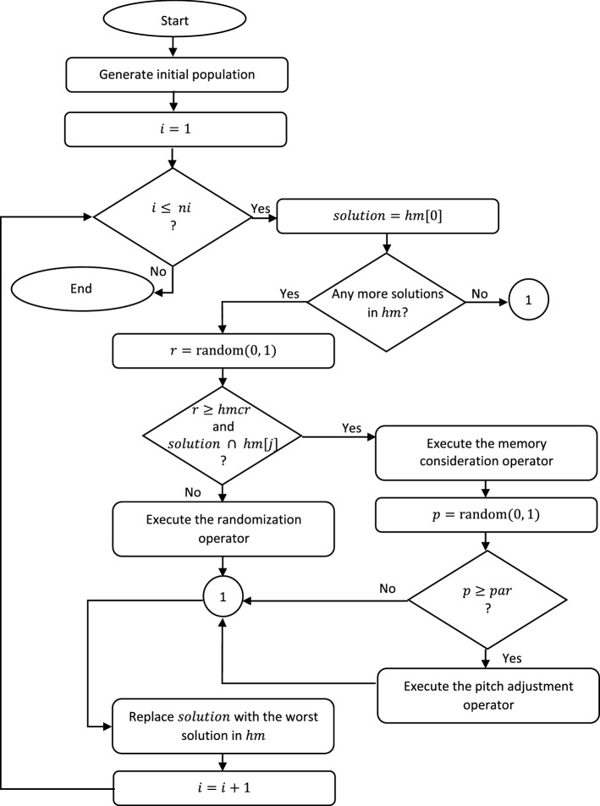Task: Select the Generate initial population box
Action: pos(173,75)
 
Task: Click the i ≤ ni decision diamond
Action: pos(173,217)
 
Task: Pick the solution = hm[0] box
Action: pos(388,217)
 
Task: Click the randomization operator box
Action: pos(222,531)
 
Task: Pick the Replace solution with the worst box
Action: pos(222,725)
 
